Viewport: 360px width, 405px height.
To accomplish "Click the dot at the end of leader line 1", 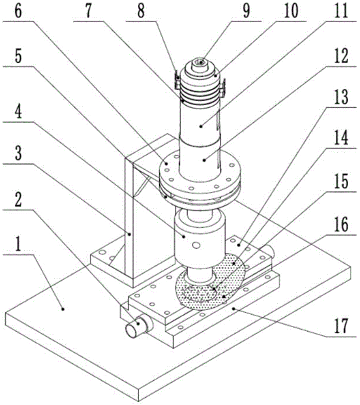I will pyautogui.click(x=63, y=309).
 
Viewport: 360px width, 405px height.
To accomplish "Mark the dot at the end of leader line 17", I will pyautogui.click(x=234, y=308).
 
